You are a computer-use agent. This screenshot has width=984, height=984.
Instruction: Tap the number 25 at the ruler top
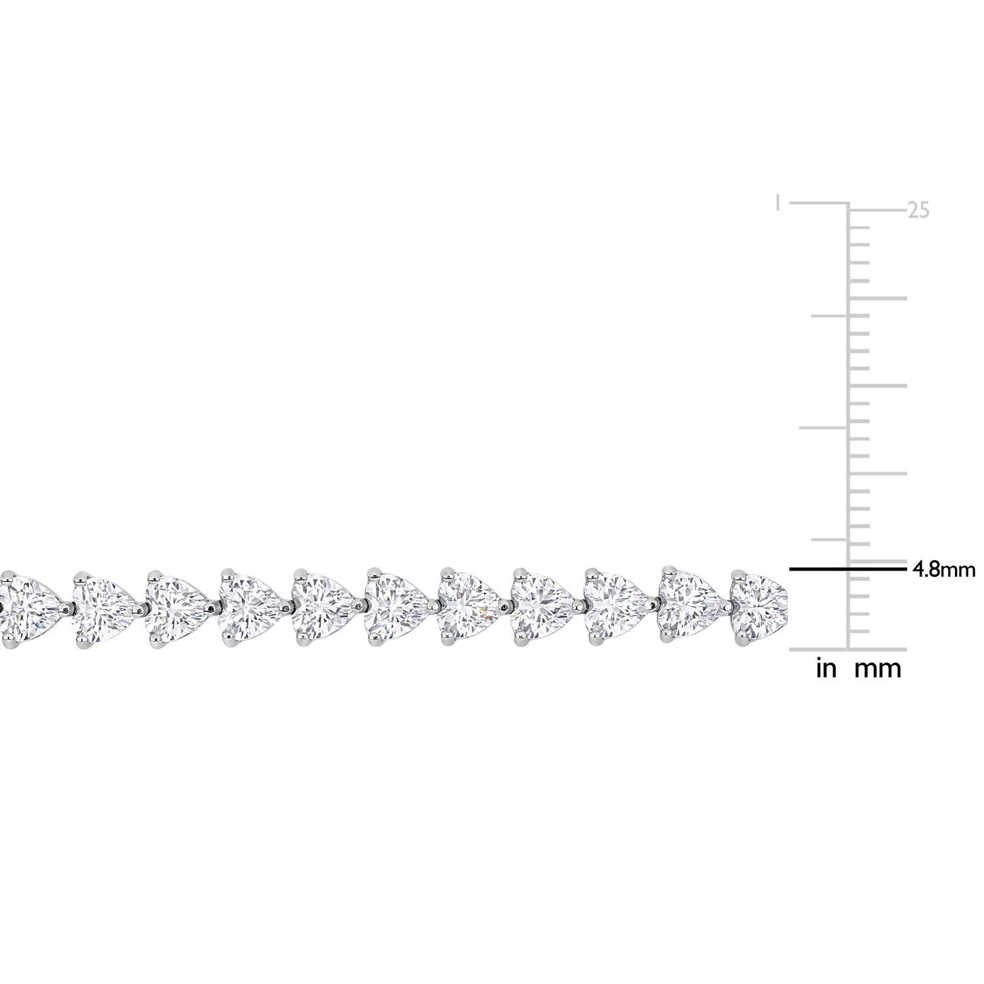918,211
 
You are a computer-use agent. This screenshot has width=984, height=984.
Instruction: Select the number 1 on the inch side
778,203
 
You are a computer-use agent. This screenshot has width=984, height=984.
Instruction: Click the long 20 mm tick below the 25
879,298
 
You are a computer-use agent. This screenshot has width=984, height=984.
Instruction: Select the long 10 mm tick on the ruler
879,474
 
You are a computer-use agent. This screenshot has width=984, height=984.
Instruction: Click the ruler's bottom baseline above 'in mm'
846,650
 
